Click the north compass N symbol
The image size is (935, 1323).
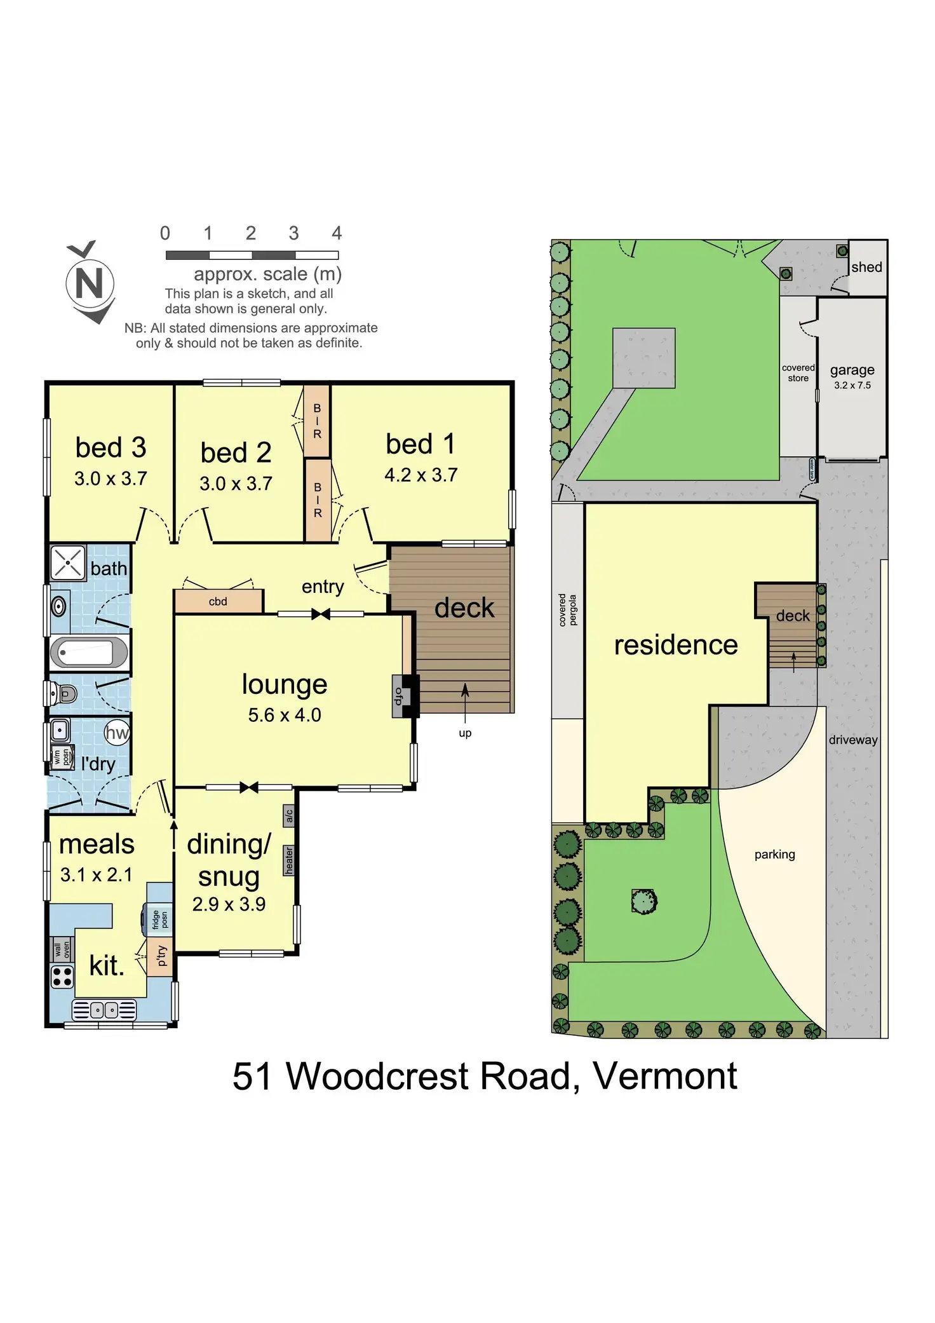tap(90, 283)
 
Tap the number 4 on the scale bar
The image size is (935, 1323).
tap(337, 233)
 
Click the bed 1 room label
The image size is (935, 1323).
tap(420, 444)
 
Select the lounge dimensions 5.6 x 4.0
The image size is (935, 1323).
tap(285, 715)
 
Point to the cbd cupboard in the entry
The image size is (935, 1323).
tap(218, 601)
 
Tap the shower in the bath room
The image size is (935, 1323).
tap(67, 562)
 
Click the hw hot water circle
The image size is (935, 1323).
tap(117, 733)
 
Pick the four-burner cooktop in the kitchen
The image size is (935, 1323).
tap(62, 977)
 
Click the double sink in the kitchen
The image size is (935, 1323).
tap(104, 1010)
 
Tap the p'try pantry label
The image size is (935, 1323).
tap(161, 955)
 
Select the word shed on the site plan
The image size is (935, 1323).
tap(866, 267)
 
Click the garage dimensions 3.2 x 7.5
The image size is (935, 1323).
tap(852, 385)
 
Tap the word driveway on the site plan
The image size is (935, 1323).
tap(853, 740)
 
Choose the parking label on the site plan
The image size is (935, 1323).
tap(774, 854)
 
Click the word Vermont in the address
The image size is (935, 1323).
tap(664, 1076)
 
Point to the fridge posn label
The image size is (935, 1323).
tap(159, 919)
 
